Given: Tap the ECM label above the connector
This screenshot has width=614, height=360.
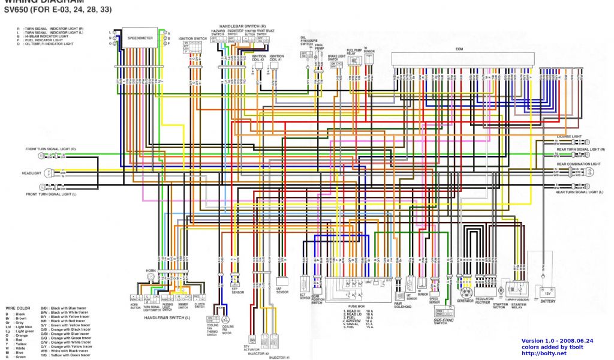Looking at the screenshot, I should click(459, 48).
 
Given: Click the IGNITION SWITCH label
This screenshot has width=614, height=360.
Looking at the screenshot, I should click(193, 38).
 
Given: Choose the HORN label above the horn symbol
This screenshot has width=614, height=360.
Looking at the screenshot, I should click(150, 271).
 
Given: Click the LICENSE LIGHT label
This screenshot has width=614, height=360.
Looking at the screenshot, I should click(569, 137).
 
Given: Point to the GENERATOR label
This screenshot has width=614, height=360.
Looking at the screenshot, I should click(465, 301).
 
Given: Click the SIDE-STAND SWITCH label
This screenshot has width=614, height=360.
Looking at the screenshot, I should click(443, 321).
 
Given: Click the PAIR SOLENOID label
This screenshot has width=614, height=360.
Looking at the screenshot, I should click(402, 304).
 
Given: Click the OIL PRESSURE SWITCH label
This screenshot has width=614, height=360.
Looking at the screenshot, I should click(306, 41).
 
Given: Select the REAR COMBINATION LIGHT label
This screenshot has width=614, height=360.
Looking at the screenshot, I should click(578, 164).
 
